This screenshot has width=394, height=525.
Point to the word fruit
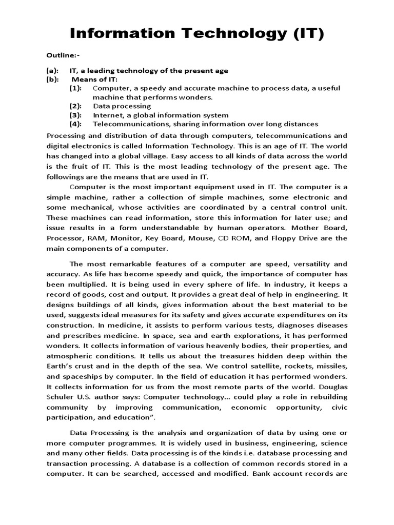(77, 166)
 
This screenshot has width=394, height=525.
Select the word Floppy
(287, 238)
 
